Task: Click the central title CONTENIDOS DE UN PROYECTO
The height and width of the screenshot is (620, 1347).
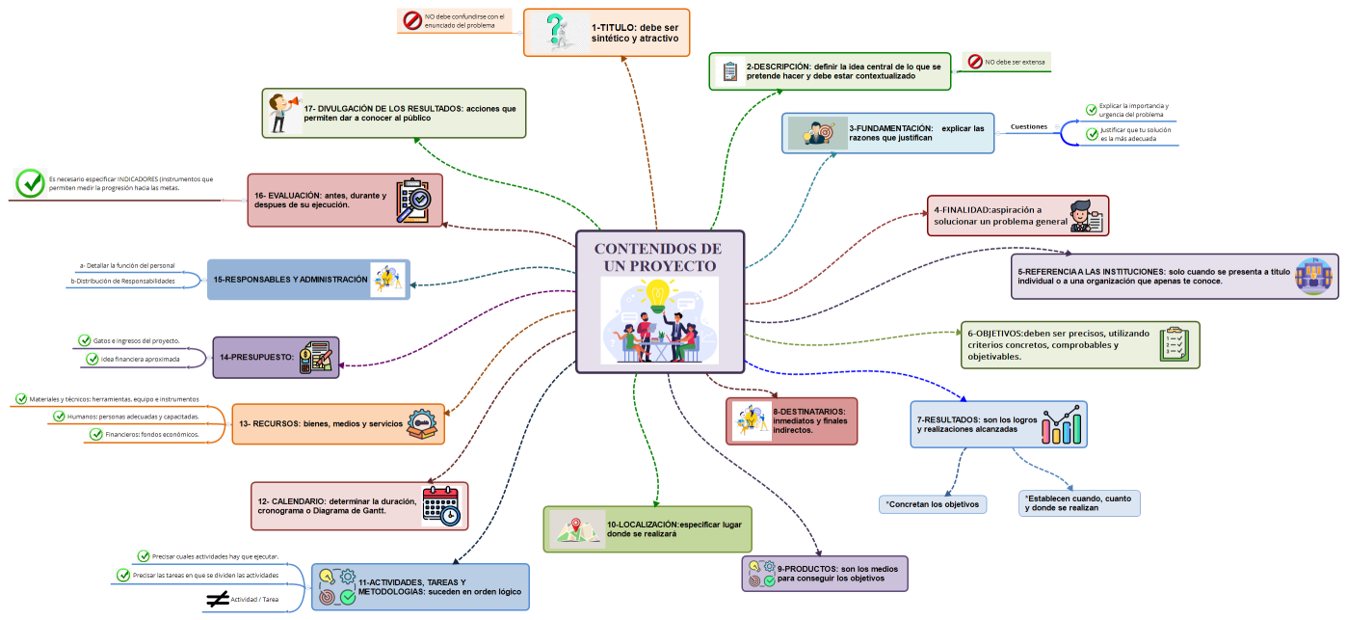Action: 660,256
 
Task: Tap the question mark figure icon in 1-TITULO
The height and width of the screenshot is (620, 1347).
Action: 555,32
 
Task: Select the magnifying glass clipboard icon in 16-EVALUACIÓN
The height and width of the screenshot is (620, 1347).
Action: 414,201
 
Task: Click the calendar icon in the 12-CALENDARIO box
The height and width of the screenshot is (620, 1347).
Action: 441,506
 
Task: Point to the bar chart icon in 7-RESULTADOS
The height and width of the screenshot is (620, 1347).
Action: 1062,424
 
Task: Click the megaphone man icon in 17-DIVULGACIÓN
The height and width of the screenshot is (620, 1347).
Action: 282,112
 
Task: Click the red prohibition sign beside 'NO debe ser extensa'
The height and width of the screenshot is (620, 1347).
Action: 974,62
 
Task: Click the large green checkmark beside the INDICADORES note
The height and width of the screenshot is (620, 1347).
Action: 31,183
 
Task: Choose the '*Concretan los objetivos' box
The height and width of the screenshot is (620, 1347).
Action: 933,504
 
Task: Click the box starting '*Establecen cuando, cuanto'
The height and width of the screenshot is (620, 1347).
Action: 1078,502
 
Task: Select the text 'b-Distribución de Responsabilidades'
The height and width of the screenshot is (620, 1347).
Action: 123,282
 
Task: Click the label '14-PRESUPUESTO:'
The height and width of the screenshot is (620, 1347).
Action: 255,357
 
